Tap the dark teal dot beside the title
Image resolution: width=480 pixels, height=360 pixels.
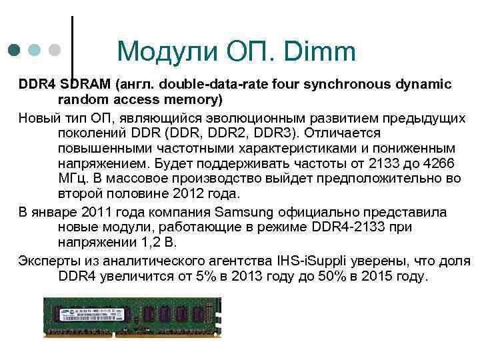[15, 50]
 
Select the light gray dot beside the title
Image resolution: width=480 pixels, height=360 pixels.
[55, 50]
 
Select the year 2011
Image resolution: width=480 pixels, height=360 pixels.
[98, 212]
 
